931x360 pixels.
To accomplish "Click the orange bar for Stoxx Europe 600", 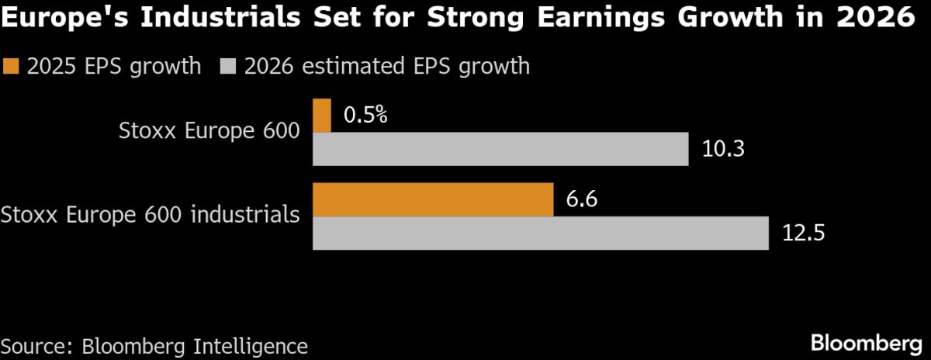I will tap(322, 116).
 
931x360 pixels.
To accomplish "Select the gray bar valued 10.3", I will tap(500, 149).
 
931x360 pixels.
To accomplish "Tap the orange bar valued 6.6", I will tap(433, 200).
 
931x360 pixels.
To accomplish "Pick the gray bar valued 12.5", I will tap(540, 234).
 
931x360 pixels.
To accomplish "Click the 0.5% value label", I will tap(365, 116).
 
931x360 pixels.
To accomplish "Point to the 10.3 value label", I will tap(723, 149).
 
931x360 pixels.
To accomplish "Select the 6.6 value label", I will tap(582, 200).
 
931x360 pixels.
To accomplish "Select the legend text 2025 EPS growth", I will tap(113, 67).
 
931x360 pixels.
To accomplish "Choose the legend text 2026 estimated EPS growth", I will tap(386, 67).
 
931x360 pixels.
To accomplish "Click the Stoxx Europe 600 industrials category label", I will tap(151, 214).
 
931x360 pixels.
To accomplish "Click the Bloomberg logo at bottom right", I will tap(866, 342).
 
